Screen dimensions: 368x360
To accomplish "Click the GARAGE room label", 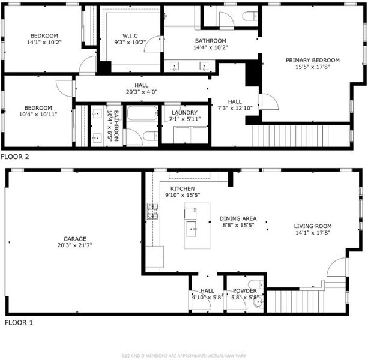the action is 75,239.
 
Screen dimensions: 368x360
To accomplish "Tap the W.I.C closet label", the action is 130,35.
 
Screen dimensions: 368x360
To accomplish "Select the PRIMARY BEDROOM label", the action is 313,60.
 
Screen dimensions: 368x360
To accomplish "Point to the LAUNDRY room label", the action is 184,113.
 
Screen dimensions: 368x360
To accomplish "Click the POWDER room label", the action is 245,291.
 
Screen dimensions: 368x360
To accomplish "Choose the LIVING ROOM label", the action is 313,226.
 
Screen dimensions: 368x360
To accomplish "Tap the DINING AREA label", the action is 238,218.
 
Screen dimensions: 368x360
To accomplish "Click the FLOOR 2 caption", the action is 15,157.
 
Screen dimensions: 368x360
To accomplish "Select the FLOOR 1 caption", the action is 19,323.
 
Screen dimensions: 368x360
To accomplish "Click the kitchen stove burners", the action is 152,212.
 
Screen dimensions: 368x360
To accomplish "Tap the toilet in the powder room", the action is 256,284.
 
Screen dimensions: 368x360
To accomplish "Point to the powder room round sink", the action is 258,302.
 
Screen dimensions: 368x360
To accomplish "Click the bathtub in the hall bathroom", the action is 142,113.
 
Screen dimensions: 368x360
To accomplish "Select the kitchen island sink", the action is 192,229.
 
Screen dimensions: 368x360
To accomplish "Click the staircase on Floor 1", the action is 295,301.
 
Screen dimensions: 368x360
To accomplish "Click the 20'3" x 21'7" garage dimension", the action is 75,245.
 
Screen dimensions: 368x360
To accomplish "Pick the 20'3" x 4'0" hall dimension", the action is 142,92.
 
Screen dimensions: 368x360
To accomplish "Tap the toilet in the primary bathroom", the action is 250,16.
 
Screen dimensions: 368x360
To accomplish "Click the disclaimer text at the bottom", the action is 184,356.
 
